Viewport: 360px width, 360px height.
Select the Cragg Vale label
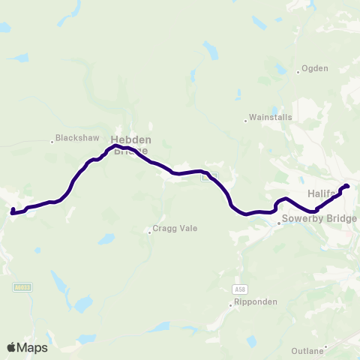(x=175, y=228)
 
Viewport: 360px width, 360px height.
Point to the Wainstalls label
(x=271, y=118)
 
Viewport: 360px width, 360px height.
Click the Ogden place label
(x=315, y=68)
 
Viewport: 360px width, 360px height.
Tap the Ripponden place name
(x=257, y=302)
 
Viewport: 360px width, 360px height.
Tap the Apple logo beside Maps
(x=12, y=347)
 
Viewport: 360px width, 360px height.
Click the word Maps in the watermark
(x=33, y=347)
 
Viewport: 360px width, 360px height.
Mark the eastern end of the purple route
(x=347, y=186)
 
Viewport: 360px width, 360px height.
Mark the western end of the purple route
(x=12, y=211)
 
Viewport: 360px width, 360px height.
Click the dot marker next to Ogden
(x=298, y=71)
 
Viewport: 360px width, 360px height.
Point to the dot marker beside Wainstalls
(x=246, y=120)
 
